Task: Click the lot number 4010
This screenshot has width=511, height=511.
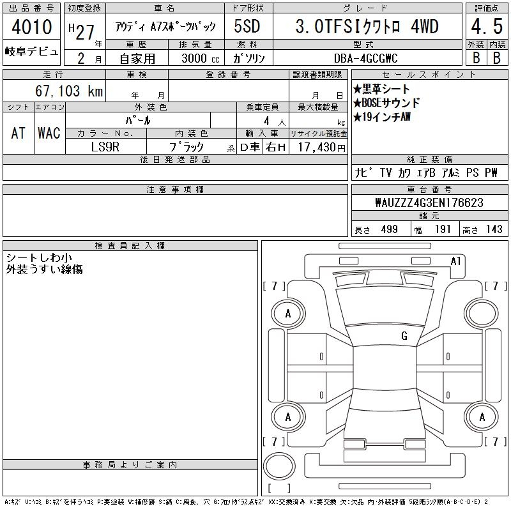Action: (31, 27)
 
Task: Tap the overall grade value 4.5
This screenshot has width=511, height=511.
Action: (487, 26)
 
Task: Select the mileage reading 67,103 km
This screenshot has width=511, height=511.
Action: (69, 91)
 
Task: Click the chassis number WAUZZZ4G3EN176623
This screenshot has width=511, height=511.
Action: (429, 202)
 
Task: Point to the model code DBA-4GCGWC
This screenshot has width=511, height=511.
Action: (365, 58)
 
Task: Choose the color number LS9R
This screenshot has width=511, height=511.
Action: (105, 147)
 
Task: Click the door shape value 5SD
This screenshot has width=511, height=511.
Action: (247, 26)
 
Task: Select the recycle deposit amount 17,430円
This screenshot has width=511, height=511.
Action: (321, 148)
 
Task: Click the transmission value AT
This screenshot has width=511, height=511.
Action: (19, 133)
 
